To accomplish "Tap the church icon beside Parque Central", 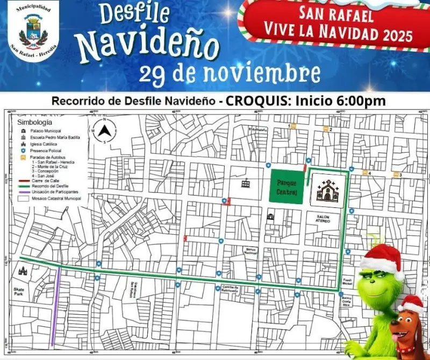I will pos(327,190).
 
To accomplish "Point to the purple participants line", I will pos(55,306).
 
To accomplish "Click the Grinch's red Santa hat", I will pos(382,258).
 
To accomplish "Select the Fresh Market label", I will pos(347,282).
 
